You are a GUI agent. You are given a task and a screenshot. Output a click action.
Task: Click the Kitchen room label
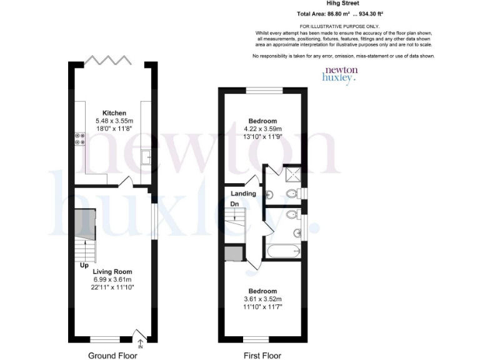pos(111,113)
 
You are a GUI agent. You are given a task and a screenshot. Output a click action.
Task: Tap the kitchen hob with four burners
pos(80,139)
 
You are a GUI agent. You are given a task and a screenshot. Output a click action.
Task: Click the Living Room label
pos(112,272)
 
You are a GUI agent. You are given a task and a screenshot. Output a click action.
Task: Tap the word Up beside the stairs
pos(83,265)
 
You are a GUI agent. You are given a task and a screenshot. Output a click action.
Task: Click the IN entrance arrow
pos(140,343)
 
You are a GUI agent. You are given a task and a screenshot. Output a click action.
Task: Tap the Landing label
pos(243,194)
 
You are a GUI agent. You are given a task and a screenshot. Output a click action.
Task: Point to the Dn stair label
pos(235,204)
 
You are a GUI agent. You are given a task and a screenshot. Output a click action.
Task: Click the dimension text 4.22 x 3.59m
pos(262,129)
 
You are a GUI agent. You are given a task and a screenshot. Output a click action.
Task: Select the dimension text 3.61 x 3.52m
pos(262,299)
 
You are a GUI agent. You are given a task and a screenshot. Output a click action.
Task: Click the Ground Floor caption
pos(112,356)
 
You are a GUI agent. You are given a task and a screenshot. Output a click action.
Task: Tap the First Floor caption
pos(262,356)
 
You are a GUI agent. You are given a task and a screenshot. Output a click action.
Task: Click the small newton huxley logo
pos(339,75)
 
